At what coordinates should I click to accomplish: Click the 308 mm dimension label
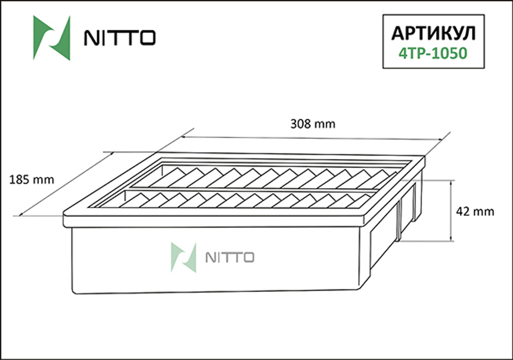(x=312, y=124)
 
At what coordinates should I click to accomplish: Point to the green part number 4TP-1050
(x=433, y=53)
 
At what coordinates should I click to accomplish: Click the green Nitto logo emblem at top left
(x=51, y=38)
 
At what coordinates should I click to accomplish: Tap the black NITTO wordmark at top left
(x=117, y=38)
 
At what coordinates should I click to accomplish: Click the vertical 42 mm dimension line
(x=451, y=210)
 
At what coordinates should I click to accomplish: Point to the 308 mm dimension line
(x=312, y=138)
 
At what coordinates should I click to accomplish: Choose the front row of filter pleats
(x=246, y=201)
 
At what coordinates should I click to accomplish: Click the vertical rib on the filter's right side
(x=399, y=221)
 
